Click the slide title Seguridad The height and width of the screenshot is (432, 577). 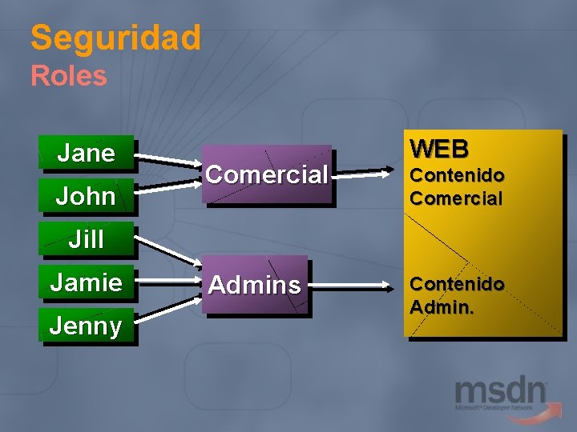[115, 38]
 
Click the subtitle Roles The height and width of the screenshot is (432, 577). [68, 76]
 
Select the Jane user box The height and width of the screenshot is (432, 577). [87, 153]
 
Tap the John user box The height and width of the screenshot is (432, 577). [87, 196]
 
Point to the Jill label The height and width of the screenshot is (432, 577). [87, 238]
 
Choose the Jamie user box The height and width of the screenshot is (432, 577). [87, 282]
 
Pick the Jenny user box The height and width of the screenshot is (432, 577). [87, 326]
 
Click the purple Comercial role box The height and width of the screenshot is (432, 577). [266, 174]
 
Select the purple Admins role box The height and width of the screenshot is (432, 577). [255, 284]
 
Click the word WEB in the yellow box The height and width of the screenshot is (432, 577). [439, 149]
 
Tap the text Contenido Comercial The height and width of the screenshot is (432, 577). [457, 186]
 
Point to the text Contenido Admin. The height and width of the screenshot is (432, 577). [457, 294]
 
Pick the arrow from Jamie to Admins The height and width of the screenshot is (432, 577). [168, 281]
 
